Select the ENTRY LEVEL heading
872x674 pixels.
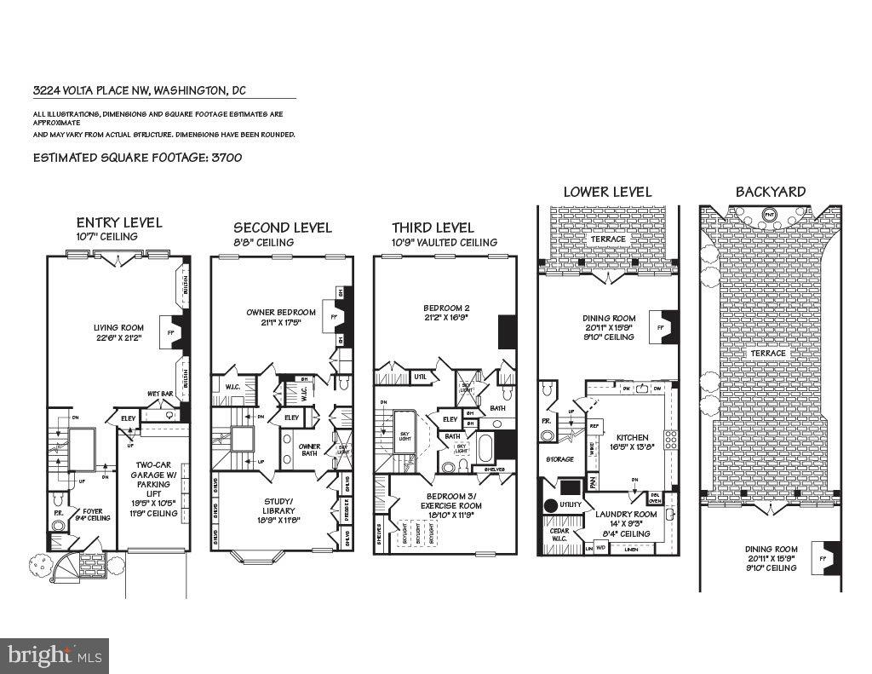pyautogui.click(x=119, y=222)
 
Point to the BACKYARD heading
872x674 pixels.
pyautogui.click(x=770, y=192)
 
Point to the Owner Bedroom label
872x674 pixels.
pyautogui.click(x=281, y=317)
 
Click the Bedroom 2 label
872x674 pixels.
pyautogui.click(x=447, y=313)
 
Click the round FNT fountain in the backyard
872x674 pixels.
pyautogui.click(x=769, y=215)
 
